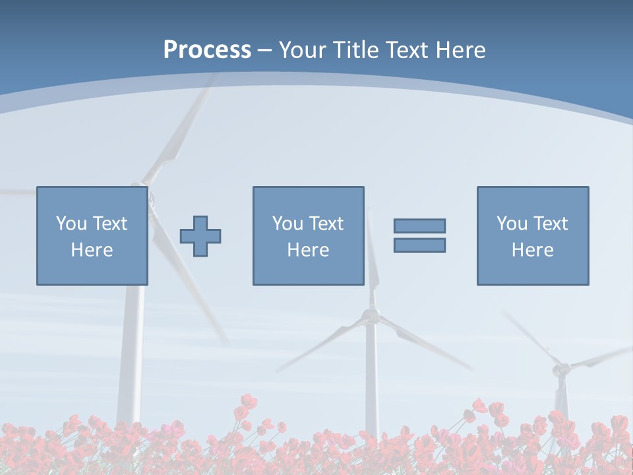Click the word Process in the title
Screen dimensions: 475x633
click(x=207, y=50)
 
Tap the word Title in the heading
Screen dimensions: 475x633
click(x=357, y=50)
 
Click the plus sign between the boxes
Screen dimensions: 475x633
click(x=200, y=236)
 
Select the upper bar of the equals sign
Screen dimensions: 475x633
click(x=419, y=226)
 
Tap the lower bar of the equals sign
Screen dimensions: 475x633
click(x=419, y=245)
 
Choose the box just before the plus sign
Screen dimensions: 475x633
click(x=92, y=236)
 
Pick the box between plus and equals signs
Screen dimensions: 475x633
click(x=308, y=236)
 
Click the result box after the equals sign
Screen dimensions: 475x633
click(x=533, y=236)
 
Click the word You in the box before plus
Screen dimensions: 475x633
click(x=71, y=224)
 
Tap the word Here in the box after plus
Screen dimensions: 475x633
click(x=308, y=250)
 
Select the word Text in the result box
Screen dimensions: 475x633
click(x=551, y=224)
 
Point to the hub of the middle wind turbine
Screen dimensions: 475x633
click(x=372, y=316)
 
